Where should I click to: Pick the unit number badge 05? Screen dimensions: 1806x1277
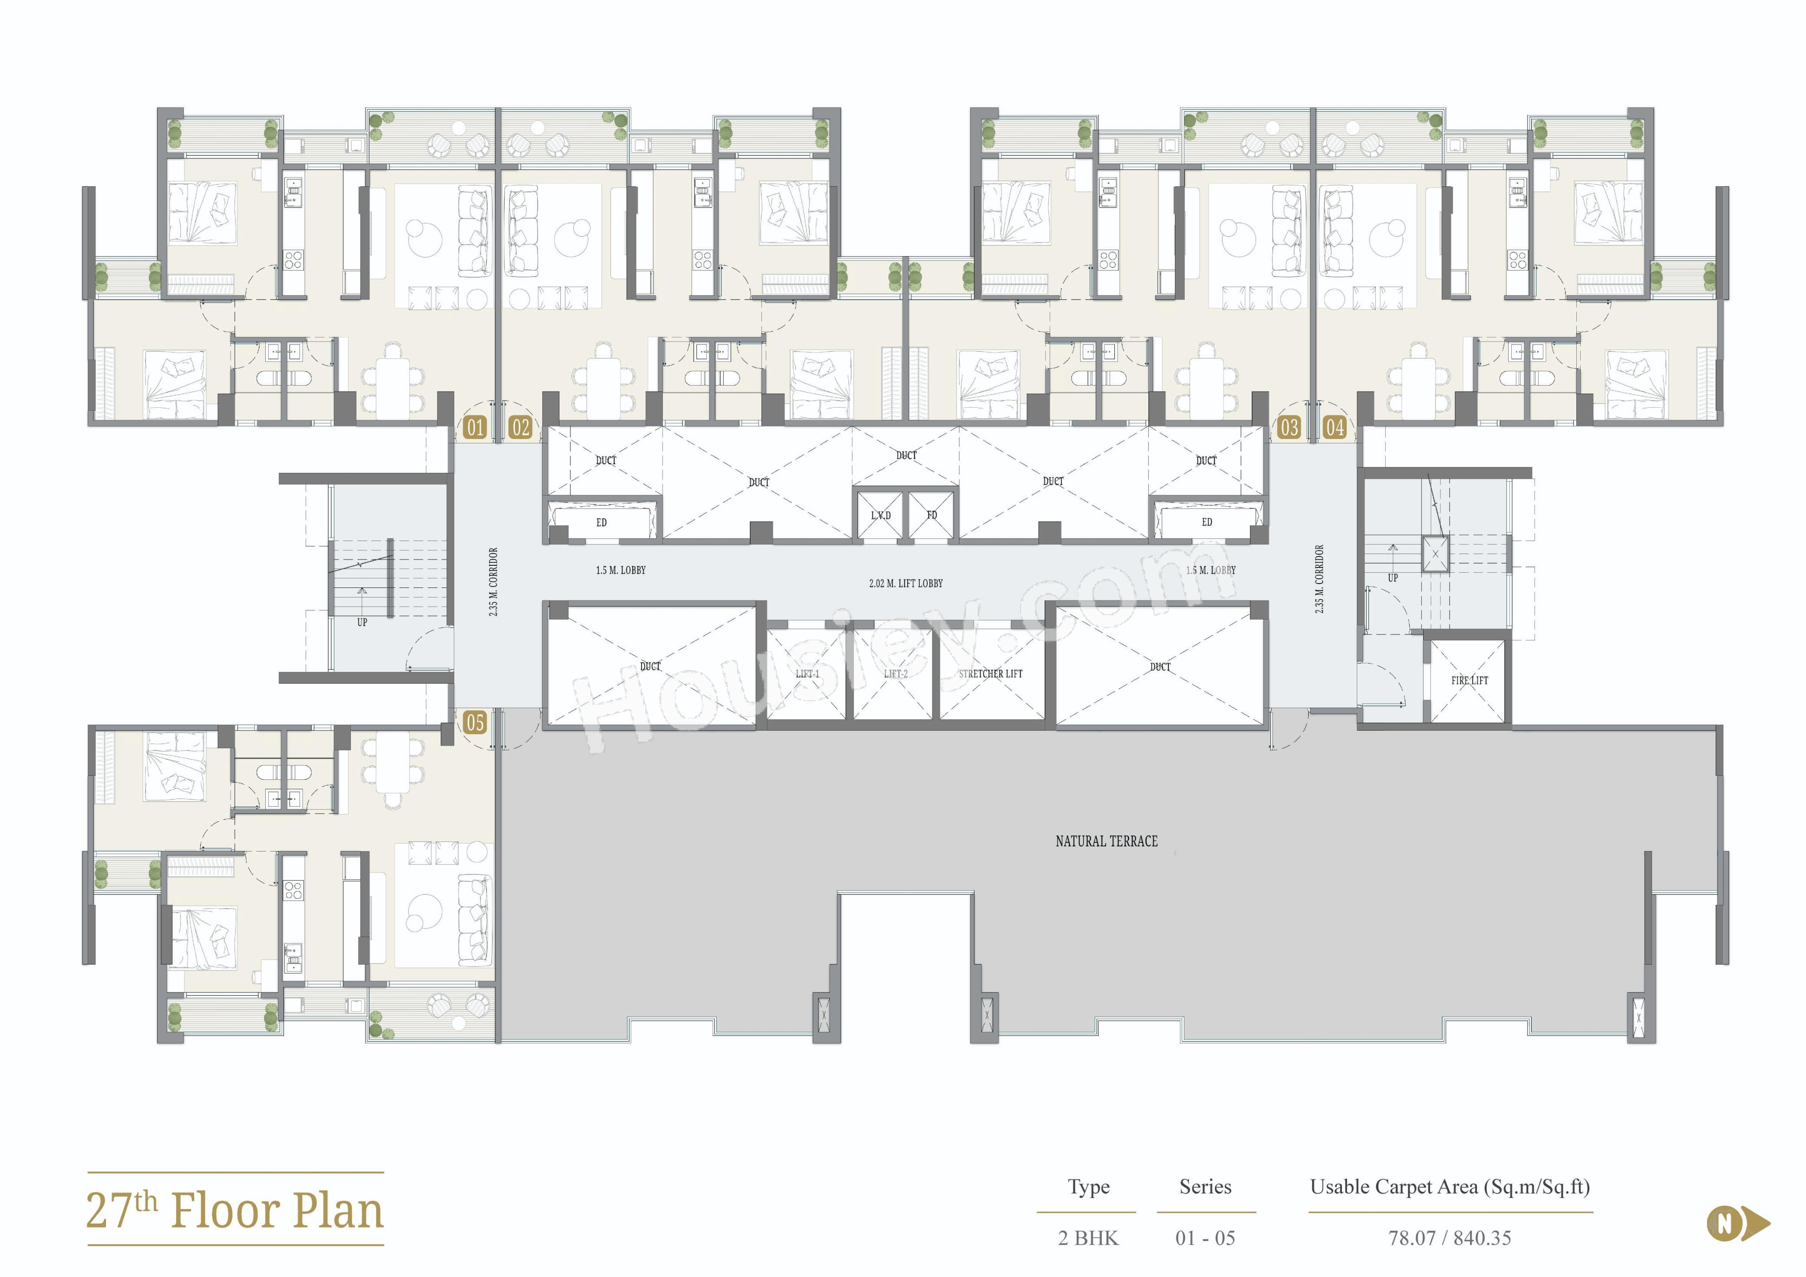point(475,722)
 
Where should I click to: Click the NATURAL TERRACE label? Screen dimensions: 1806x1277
point(1106,841)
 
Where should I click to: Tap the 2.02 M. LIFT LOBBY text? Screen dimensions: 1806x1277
point(905,583)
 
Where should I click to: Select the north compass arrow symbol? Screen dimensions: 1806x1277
point(1737,1224)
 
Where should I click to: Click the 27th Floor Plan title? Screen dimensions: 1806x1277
point(234,1209)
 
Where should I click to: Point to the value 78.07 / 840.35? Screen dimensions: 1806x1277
point(1449,1237)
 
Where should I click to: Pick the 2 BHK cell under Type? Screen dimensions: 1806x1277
point(1087,1237)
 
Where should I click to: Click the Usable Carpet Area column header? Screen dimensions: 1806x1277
point(1449,1187)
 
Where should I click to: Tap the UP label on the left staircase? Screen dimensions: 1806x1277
point(362,622)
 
